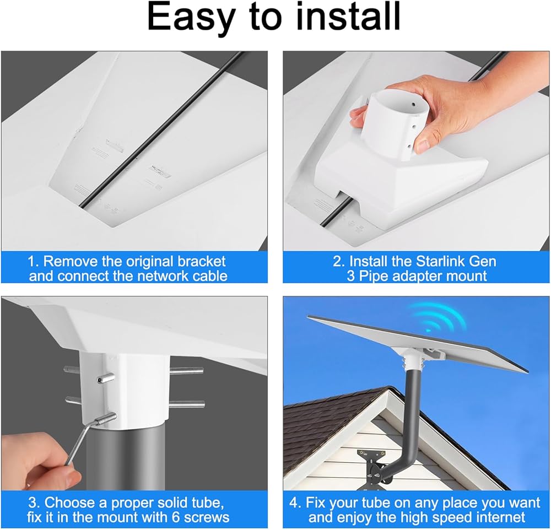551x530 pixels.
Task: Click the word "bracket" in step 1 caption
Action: [201, 262]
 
